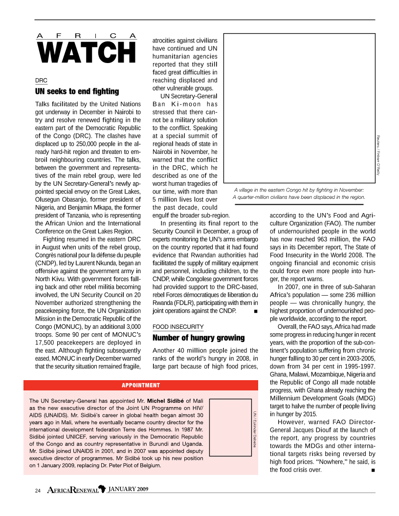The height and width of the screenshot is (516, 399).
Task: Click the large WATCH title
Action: click(x=86, y=53)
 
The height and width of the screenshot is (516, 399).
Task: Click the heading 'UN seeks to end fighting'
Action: click(x=77, y=91)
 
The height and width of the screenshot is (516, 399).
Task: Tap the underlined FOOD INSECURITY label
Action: click(x=178, y=326)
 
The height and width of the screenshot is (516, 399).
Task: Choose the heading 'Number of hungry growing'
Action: click(x=199, y=338)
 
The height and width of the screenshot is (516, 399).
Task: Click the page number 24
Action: click(x=38, y=490)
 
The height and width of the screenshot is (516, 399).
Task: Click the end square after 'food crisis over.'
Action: click(x=373, y=470)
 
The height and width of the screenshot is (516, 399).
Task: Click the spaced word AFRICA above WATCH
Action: click(x=86, y=35)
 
